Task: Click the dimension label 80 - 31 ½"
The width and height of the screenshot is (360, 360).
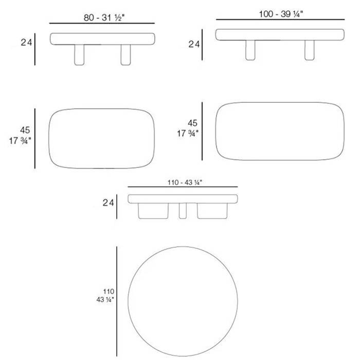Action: (104, 17)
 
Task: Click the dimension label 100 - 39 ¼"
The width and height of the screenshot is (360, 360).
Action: (281, 14)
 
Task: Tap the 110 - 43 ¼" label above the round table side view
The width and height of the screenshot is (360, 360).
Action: (185, 183)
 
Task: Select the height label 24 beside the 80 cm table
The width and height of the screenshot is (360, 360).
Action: (26, 43)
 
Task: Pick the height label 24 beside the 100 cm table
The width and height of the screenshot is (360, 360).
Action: (194, 44)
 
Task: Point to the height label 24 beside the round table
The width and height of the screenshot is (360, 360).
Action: (108, 203)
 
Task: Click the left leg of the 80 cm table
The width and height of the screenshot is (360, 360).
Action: (79, 55)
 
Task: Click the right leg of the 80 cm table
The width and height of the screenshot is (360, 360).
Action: (125, 55)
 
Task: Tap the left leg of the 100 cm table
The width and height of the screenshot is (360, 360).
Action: (250, 50)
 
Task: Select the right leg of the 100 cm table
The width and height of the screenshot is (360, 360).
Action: (310, 50)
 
